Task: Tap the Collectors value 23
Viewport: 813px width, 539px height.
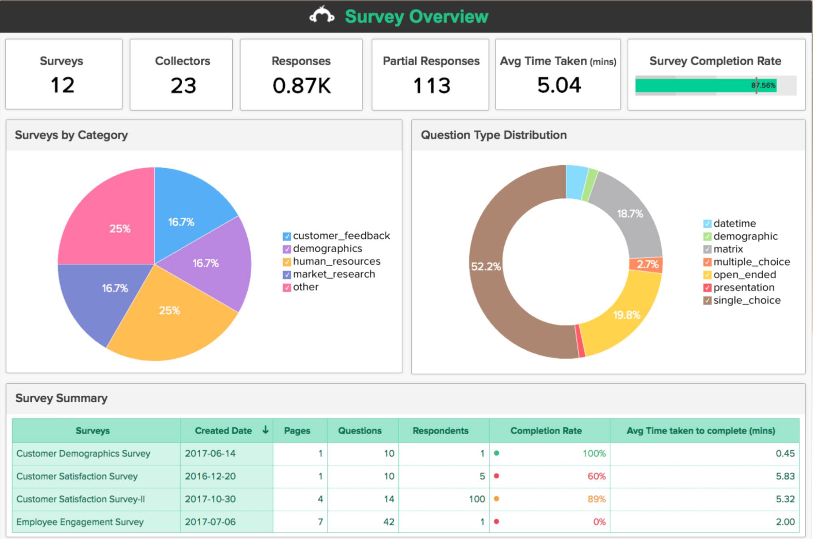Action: click(183, 85)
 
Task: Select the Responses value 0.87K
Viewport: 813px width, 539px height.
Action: click(301, 85)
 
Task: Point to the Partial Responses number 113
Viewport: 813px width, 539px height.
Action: click(432, 85)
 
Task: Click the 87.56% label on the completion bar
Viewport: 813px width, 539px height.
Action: click(763, 85)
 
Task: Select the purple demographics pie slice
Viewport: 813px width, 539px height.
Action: click(211, 264)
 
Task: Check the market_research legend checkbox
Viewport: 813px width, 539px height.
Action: click(287, 275)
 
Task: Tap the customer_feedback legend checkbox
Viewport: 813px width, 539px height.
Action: click(287, 236)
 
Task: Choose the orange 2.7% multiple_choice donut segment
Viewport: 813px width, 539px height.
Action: click(647, 264)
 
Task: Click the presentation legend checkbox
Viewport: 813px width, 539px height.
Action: click(707, 288)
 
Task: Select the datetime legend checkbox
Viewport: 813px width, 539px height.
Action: click(707, 224)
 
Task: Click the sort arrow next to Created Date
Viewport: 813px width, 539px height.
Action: click(266, 430)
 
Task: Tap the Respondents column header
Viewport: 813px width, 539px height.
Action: click(440, 430)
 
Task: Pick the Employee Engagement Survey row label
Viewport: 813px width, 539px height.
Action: click(80, 522)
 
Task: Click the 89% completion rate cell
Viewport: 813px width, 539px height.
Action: click(596, 499)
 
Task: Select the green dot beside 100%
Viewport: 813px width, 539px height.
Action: click(497, 453)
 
